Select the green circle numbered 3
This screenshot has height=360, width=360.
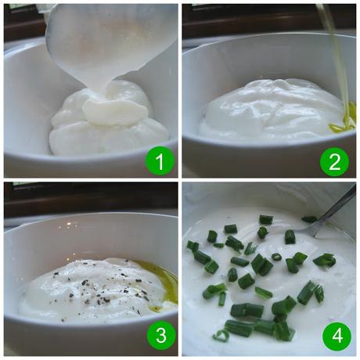(160, 337)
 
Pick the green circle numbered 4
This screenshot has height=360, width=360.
(336, 337)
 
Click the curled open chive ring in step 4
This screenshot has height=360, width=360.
(222, 335)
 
